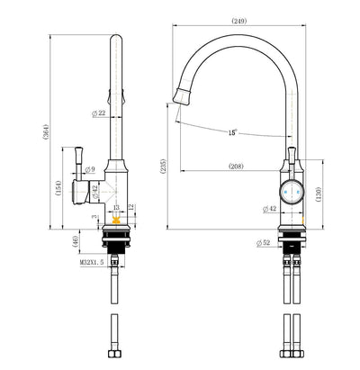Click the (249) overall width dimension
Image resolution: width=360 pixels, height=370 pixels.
click(x=239, y=21)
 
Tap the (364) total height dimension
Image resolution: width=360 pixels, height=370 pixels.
click(x=45, y=131)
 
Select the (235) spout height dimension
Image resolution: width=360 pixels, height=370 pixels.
click(x=162, y=166)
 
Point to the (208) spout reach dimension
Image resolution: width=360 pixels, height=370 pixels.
click(x=236, y=166)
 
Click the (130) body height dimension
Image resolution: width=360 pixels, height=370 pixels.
click(x=318, y=194)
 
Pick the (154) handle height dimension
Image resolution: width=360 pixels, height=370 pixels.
click(x=58, y=188)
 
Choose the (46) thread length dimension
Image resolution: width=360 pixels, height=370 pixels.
click(x=76, y=241)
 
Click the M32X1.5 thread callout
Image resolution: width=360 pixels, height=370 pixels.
click(x=92, y=263)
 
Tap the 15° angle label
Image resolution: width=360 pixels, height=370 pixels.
click(x=232, y=132)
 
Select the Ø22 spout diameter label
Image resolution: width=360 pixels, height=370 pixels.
click(x=99, y=113)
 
